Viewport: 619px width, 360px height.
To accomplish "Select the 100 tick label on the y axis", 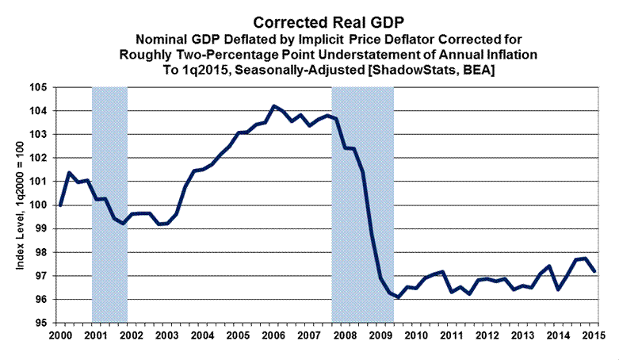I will tap(41, 205).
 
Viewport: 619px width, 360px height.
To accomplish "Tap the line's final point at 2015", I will tap(594, 271).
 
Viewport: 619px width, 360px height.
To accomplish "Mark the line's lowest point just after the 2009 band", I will tap(398, 297).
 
